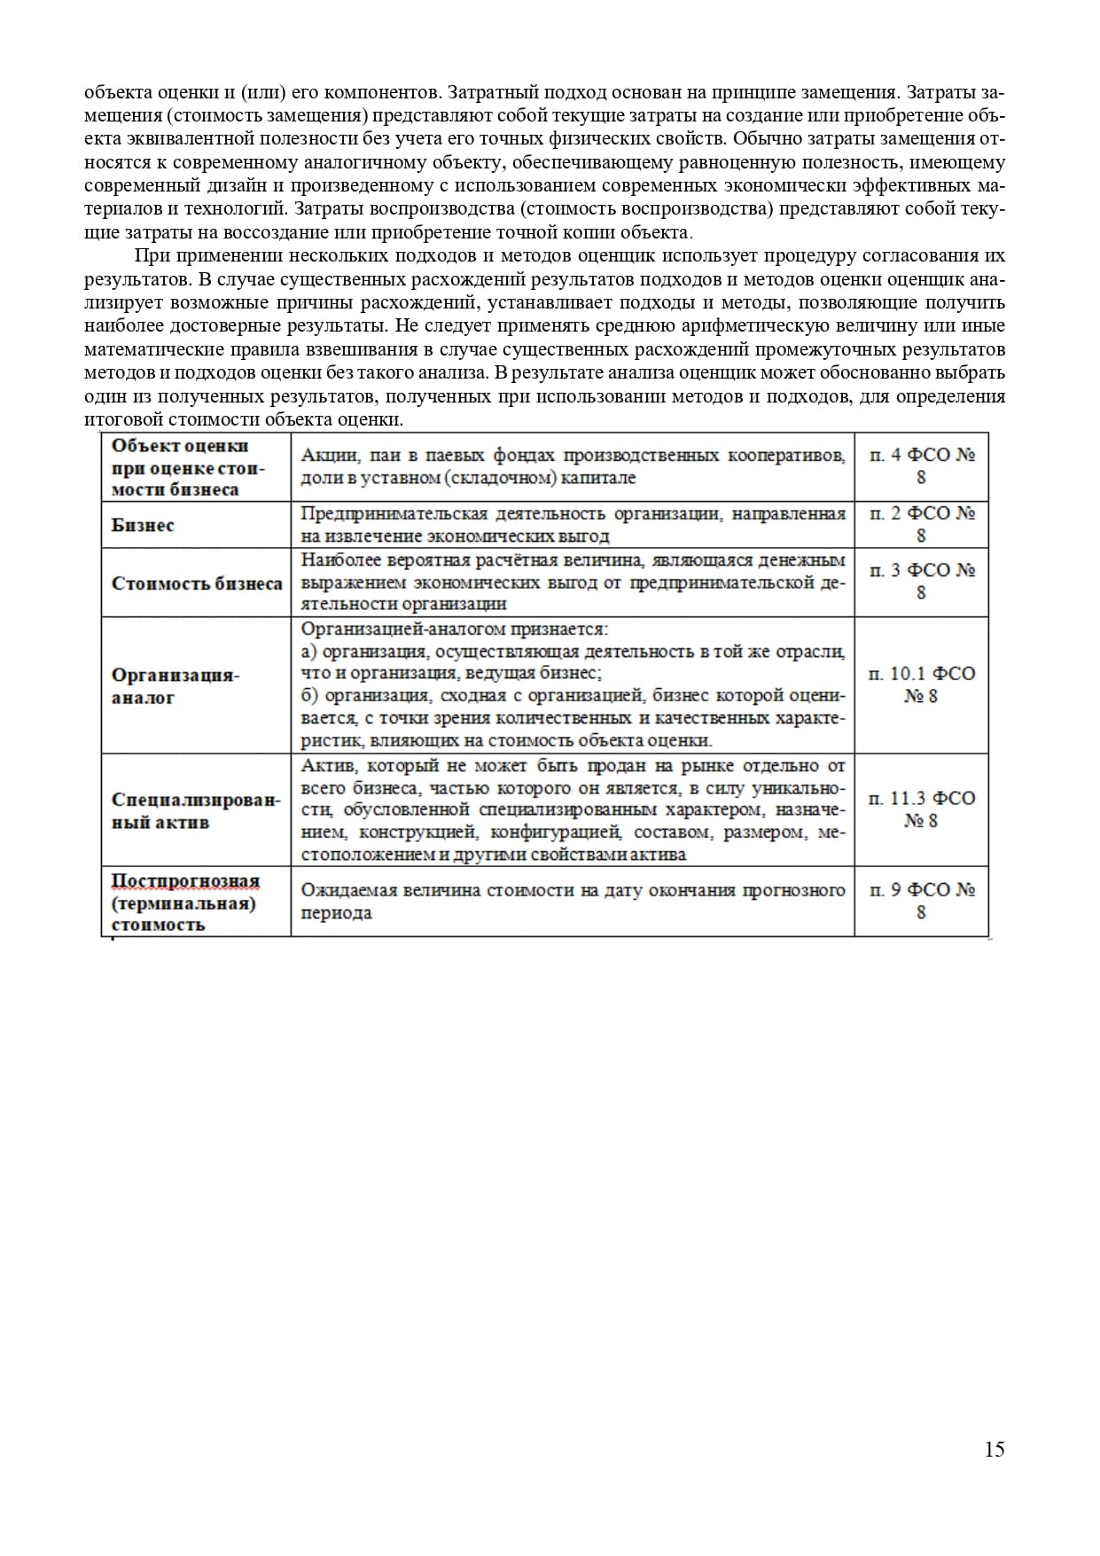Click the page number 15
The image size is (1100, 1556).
[x=994, y=1450]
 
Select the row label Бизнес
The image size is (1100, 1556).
[x=143, y=525]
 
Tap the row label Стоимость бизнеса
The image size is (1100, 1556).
[x=197, y=583]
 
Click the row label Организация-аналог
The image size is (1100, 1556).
[x=176, y=685]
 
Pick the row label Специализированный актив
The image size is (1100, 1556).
[x=195, y=809]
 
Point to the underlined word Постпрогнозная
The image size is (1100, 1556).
[x=185, y=881]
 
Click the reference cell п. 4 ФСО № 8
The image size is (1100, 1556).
[x=922, y=465]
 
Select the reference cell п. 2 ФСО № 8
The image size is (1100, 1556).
[x=922, y=524]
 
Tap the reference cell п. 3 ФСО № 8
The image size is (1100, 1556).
[x=922, y=581]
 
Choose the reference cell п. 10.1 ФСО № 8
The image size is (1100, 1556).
[x=922, y=684]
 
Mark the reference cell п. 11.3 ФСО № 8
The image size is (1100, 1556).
[x=922, y=809]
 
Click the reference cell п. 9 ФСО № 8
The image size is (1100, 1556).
[x=922, y=900]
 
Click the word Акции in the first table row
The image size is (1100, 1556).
[x=324, y=455]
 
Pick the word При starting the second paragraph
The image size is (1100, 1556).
[x=152, y=256]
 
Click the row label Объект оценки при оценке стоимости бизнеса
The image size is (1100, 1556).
[x=188, y=467]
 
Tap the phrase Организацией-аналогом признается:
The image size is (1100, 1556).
[x=454, y=629]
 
